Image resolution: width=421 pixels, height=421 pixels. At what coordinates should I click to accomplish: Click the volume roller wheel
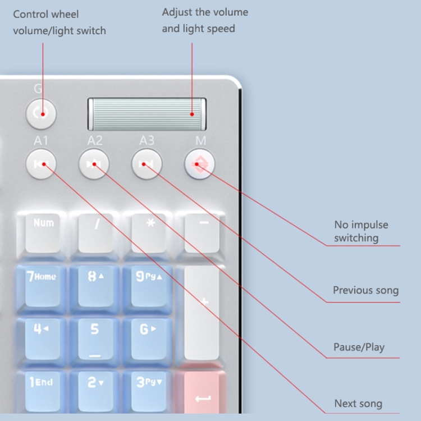[x=147, y=114]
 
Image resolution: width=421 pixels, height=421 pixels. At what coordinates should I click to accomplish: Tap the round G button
[x=42, y=113]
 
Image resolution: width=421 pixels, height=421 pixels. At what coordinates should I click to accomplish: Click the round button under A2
[x=94, y=164]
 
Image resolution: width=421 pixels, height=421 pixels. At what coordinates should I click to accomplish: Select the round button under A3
[x=147, y=164]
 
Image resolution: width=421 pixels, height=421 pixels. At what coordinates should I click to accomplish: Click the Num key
[x=43, y=230]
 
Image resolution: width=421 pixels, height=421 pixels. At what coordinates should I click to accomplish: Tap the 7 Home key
[x=41, y=283]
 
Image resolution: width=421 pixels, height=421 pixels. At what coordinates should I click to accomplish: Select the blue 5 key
[x=94, y=336]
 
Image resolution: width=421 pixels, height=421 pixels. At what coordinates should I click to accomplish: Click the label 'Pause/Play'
[x=359, y=347]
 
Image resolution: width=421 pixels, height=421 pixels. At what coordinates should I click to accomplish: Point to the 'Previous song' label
[x=365, y=290]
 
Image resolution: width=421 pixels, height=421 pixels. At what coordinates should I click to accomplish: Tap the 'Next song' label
[x=358, y=404]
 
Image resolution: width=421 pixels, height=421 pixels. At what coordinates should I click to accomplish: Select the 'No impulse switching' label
[x=361, y=231]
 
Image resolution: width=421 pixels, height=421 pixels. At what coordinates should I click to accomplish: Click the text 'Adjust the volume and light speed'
[x=205, y=20]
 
